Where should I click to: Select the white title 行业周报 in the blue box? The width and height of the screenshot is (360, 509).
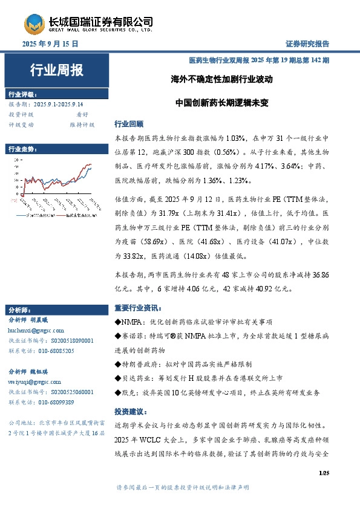tap(56, 70)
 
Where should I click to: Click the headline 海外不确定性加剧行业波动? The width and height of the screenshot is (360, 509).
tap(221, 79)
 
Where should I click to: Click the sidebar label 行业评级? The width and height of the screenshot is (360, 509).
tap(23, 94)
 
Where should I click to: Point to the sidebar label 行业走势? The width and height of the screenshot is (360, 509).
tap(23, 149)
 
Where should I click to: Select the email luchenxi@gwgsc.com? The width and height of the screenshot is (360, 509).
tap(34, 331)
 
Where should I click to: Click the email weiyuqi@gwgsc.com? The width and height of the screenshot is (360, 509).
tap(34, 383)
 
